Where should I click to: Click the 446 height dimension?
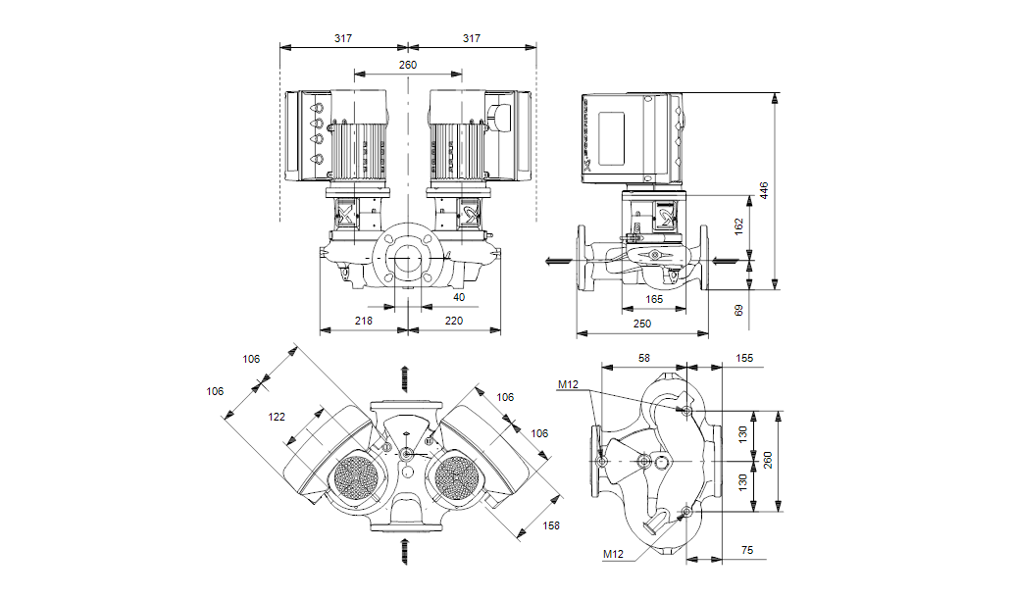pyautogui.click(x=765, y=190)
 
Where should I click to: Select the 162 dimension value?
pyautogui.click(x=739, y=224)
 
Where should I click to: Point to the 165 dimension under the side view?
pyautogui.click(x=654, y=299)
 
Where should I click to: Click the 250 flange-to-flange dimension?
pyautogui.click(x=641, y=323)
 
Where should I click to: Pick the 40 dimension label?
pyautogui.click(x=459, y=296)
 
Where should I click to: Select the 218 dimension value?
pyautogui.click(x=363, y=321)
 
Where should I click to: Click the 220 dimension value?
pyautogui.click(x=453, y=321)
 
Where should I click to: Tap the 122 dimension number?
pyautogui.click(x=277, y=417)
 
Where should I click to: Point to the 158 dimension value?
pyautogui.click(x=551, y=526)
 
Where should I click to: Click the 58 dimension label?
pyautogui.click(x=644, y=359)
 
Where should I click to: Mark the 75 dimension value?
pyautogui.click(x=747, y=552)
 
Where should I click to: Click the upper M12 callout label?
pyautogui.click(x=570, y=385)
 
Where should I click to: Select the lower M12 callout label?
pyautogui.click(x=613, y=555)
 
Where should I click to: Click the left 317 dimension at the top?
pyautogui.click(x=342, y=38)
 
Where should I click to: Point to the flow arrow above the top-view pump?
pyautogui.click(x=405, y=377)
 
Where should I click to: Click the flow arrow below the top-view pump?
pyautogui.click(x=405, y=551)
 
